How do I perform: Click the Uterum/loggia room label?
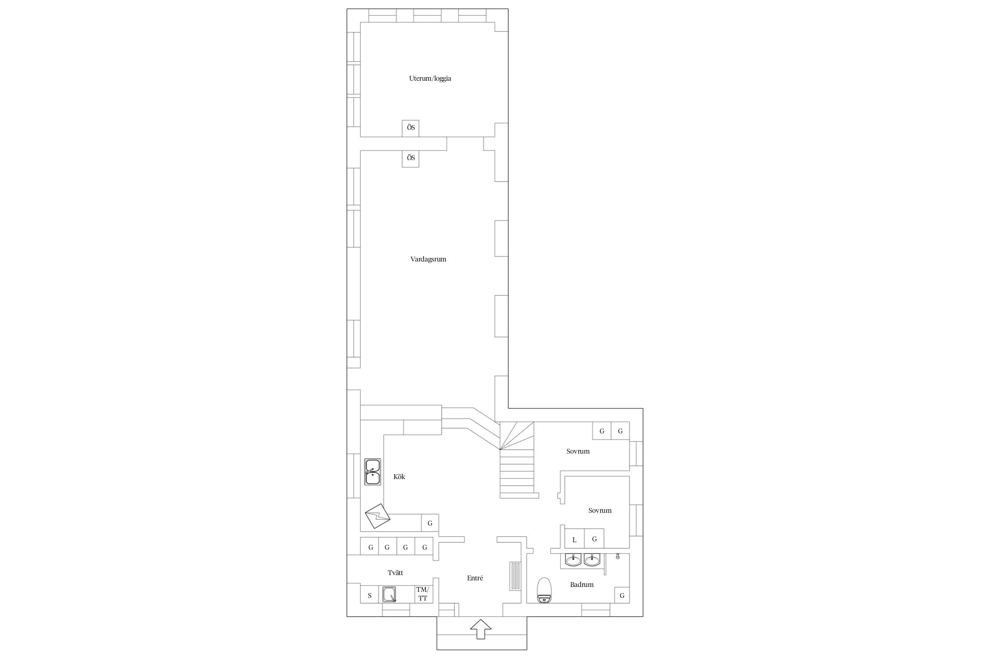[430, 79]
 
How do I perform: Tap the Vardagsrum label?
[428, 259]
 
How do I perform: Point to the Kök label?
[399, 476]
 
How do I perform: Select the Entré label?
[475, 578]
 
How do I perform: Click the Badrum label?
[582, 584]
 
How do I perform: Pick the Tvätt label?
[395, 573]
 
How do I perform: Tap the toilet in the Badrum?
[544, 590]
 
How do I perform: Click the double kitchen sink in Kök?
[372, 472]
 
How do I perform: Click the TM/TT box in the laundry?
[423, 594]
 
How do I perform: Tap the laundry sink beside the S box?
[389, 594]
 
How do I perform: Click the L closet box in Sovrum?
[574, 539]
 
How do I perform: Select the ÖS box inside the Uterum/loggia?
[411, 128]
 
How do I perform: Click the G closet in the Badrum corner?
[622, 596]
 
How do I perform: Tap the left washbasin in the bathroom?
[573, 560]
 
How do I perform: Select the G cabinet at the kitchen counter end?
[430, 523]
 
